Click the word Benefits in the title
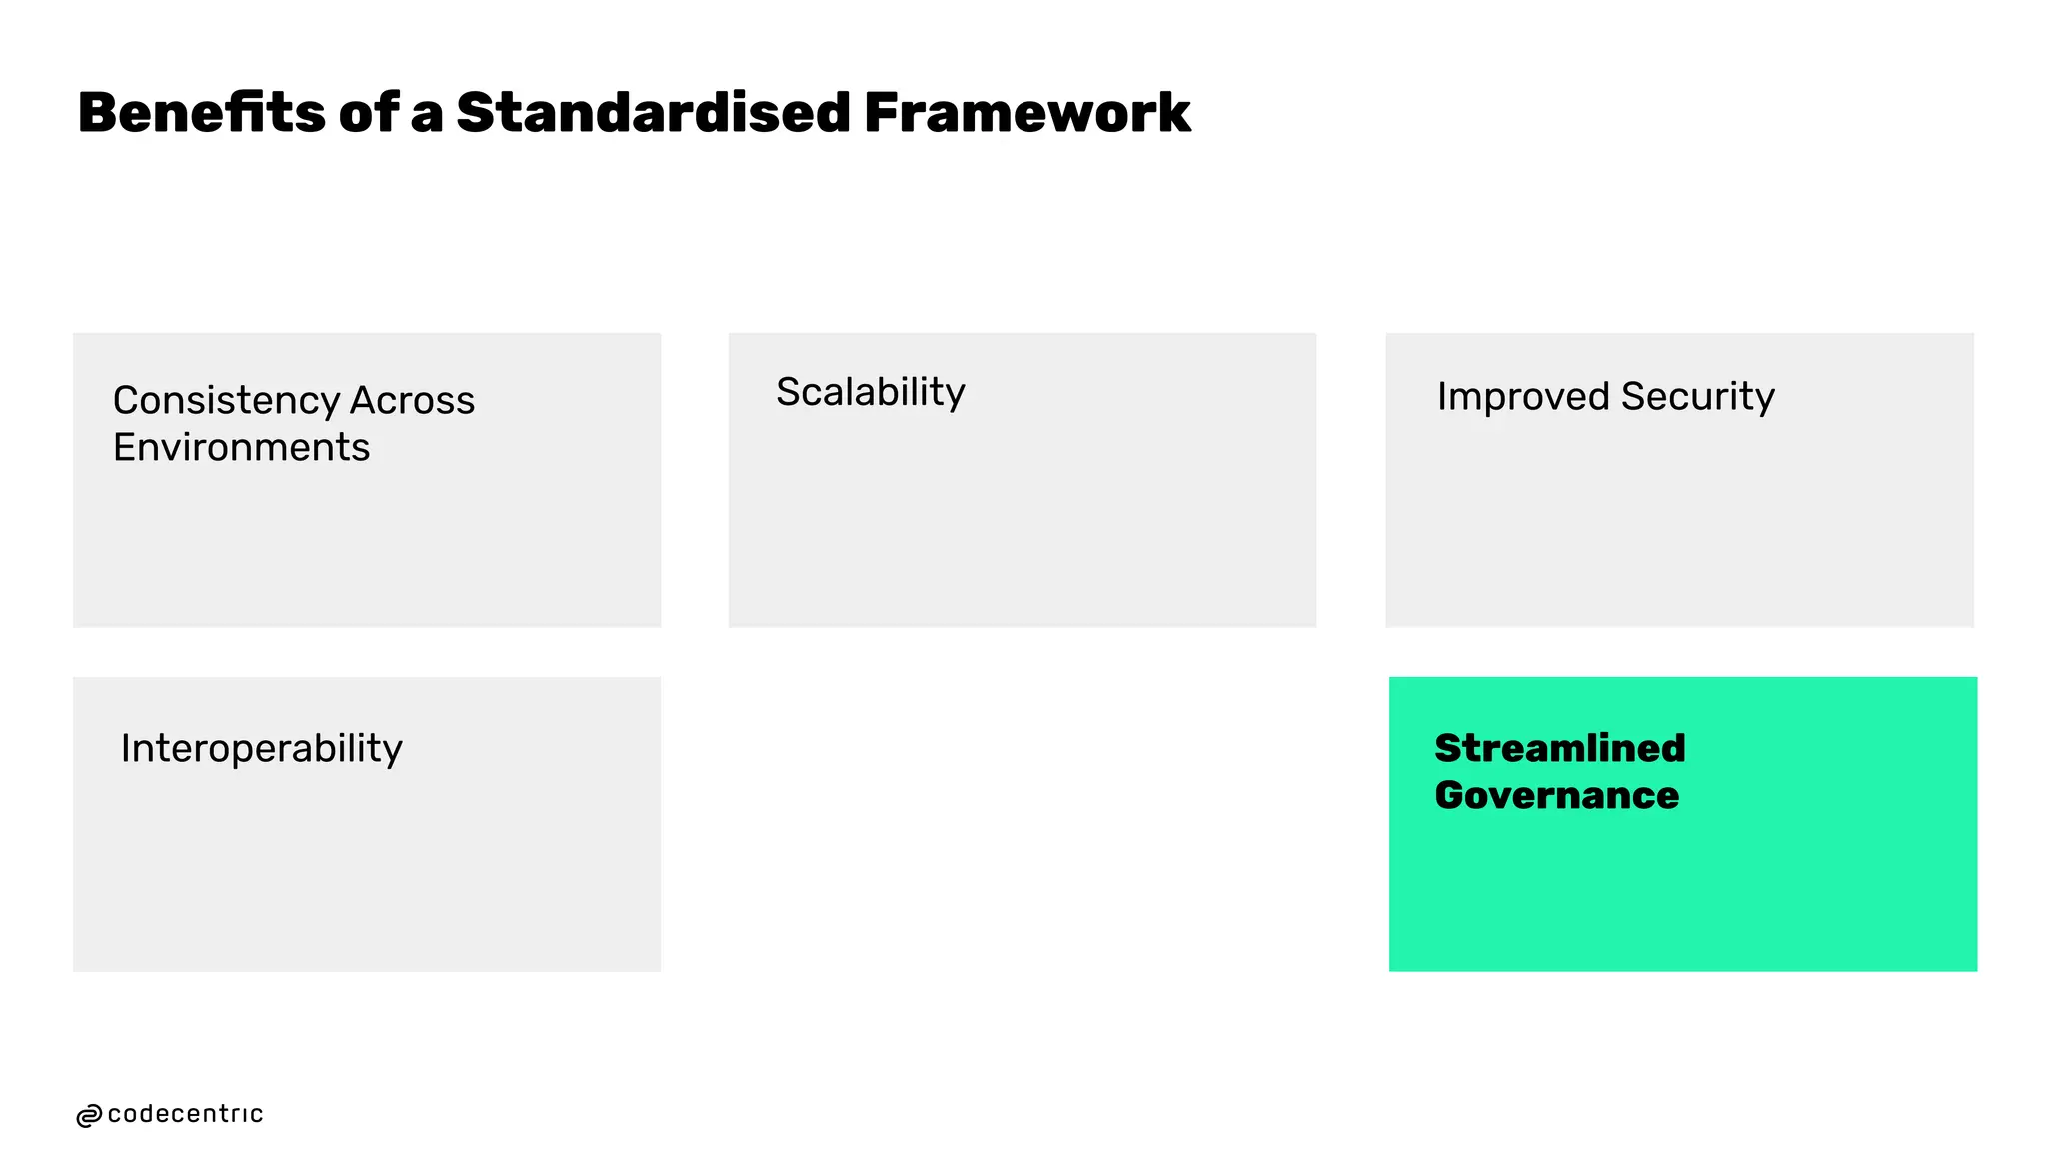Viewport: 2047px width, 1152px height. tap(201, 112)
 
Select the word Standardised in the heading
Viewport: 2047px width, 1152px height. tap(653, 112)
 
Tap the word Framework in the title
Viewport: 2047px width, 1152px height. tap(1026, 112)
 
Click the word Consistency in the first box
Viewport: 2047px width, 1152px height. tap(225, 400)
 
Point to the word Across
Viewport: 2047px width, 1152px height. tap(412, 400)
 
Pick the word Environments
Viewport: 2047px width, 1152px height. tap(241, 447)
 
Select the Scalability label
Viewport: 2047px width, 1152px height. tap(870, 392)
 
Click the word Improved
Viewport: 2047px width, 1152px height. tap(1523, 396)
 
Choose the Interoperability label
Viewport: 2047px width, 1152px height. tap(261, 748)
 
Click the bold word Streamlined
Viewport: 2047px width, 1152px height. tap(1559, 748)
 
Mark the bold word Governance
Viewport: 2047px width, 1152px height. tap(1556, 795)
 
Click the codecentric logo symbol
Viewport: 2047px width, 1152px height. tap(89, 1116)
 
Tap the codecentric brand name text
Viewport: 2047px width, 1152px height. tap(185, 1114)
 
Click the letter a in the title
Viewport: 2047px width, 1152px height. tap(426, 114)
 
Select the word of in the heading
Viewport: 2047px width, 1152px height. tap(369, 112)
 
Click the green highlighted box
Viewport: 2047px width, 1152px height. tap(1682, 880)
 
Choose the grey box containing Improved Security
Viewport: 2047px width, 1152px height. tap(1679, 520)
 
